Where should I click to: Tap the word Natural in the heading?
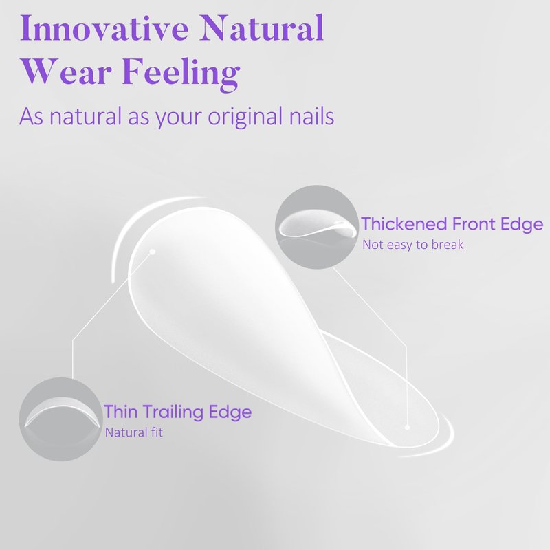tap(262, 27)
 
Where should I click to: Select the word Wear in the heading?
tap(67, 71)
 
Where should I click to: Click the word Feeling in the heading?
tap(181, 74)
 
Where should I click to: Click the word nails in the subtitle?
tap(311, 115)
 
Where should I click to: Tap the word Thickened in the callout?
tap(404, 224)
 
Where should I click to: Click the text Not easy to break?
tap(413, 245)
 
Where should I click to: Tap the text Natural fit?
tap(134, 432)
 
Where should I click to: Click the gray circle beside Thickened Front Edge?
tap(316, 227)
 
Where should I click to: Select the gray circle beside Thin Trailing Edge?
tap(61, 419)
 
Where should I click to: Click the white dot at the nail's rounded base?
tap(152, 252)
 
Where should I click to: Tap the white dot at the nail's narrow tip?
tap(407, 427)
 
